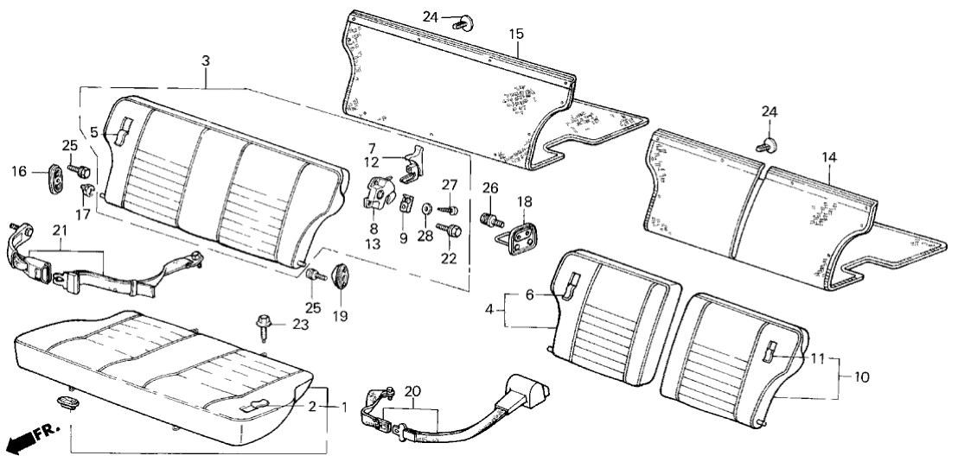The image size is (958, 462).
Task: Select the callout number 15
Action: click(x=516, y=35)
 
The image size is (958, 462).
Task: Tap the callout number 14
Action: click(x=829, y=158)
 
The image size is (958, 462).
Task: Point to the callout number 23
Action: click(x=299, y=325)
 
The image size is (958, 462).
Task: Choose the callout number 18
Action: click(x=524, y=202)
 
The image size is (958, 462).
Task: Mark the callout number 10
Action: click(x=861, y=377)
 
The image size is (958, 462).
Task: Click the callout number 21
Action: click(x=60, y=230)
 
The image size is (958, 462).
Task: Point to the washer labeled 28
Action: click(x=427, y=210)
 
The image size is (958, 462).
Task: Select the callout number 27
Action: click(x=449, y=184)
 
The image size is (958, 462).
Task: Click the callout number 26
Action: click(x=490, y=187)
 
